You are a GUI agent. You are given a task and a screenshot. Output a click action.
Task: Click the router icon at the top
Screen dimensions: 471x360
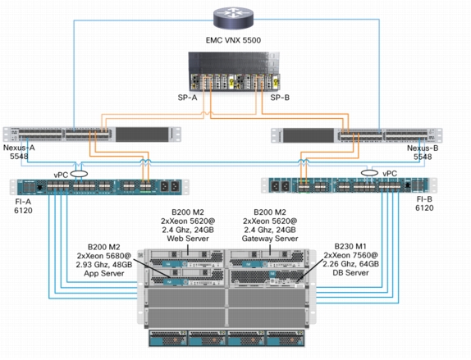233,19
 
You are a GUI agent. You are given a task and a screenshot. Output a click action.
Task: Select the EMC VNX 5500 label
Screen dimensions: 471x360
233,40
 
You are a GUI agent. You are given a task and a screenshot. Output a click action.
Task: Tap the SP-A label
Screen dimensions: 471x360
187,98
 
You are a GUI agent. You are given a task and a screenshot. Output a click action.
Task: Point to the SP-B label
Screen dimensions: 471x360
280,98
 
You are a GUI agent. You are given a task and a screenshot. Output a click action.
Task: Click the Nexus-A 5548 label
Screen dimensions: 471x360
19,153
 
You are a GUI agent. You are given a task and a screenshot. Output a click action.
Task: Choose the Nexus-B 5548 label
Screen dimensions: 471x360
423,153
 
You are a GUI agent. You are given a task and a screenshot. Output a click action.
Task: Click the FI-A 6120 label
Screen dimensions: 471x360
23,206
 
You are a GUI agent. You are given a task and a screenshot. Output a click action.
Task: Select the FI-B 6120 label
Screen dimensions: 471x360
424,203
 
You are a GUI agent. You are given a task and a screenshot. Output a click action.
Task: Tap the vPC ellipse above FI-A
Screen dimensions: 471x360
79,174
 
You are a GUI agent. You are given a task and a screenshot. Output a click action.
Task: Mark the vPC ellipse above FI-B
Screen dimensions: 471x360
369,173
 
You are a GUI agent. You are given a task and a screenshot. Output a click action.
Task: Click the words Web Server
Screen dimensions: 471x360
188,239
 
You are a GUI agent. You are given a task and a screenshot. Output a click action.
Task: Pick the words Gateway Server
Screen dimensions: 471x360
270,239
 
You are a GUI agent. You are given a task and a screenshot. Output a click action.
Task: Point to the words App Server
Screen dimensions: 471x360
104,274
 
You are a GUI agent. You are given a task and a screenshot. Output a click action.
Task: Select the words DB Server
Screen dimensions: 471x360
351,273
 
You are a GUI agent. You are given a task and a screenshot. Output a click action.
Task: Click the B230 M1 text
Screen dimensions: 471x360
350,247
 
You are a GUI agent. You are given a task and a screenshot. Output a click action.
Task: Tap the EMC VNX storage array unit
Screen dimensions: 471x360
235,71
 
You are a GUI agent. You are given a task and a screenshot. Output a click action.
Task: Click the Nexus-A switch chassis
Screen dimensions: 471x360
92,134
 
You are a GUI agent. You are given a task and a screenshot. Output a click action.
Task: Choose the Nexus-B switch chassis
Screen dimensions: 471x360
357,135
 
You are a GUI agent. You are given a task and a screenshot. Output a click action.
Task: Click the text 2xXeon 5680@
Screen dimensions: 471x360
104,256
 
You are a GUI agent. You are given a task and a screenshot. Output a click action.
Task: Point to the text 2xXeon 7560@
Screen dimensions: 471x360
351,256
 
